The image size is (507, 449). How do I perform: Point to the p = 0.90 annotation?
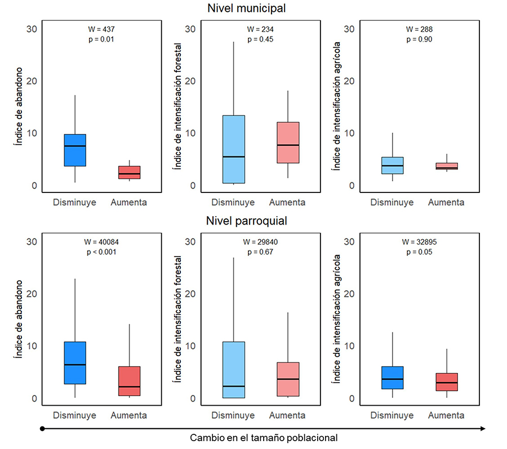tap(418, 39)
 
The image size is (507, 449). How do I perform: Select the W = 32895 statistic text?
tap(418, 241)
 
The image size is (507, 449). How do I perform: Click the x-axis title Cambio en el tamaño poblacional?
tap(264, 437)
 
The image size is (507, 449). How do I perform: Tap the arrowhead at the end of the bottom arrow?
tap(483, 429)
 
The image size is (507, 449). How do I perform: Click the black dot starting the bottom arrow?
tap(42, 429)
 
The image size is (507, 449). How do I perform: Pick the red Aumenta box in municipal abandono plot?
tap(129, 172)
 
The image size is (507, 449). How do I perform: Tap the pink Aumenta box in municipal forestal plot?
tap(287, 142)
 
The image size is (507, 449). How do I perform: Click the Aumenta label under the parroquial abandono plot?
tap(129, 415)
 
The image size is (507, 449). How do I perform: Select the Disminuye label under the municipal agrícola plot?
tap(392, 203)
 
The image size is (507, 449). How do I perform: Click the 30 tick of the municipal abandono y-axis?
tap(32, 29)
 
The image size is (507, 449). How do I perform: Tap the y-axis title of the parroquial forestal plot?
tap(178, 320)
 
